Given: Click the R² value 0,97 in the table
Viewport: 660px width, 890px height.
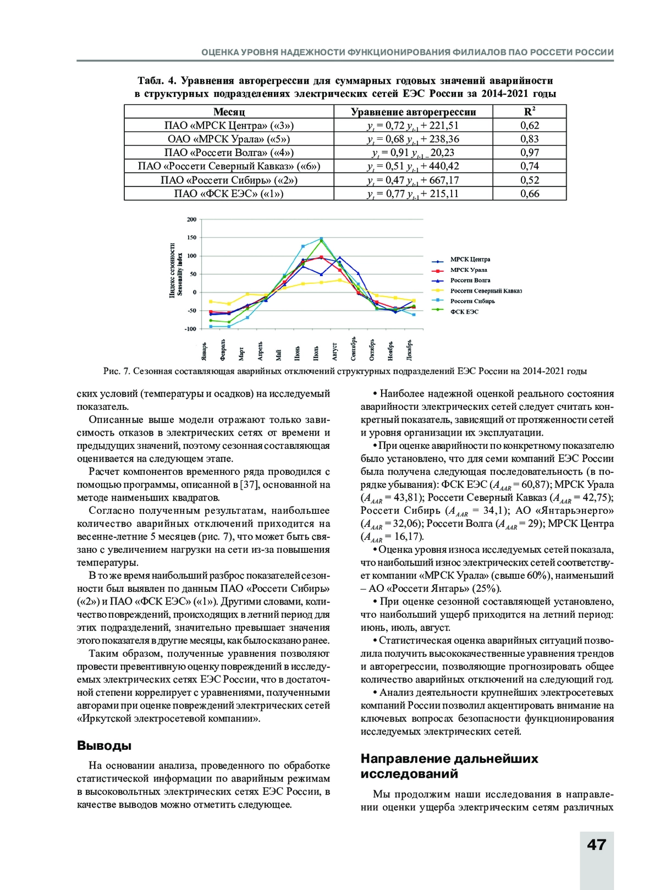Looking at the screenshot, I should tap(530, 152).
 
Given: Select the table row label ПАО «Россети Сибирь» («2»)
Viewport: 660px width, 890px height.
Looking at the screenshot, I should tap(229, 180).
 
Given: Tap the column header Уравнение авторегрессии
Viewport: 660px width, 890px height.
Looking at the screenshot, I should tap(413, 112).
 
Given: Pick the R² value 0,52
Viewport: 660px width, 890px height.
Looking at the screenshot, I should tap(530, 180).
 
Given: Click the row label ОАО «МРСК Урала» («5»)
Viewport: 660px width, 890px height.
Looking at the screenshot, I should tap(229, 139).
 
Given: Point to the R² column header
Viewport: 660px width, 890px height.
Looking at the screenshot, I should tap(530, 112).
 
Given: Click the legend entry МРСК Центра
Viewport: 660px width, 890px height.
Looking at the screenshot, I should tap(470, 260).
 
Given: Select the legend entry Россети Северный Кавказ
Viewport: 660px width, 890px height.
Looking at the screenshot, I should tap(486, 291).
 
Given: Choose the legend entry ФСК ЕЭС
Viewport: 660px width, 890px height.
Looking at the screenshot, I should tap(464, 312).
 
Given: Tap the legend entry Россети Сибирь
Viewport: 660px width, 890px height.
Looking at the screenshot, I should tap(472, 301).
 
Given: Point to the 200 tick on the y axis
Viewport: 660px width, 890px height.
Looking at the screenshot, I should tap(191, 219).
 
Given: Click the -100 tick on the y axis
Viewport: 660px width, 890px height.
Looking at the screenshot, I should tap(190, 329).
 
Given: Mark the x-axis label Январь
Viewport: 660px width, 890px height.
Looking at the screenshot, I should tap(204, 350).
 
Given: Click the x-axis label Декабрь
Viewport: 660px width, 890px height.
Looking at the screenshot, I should tap(410, 349).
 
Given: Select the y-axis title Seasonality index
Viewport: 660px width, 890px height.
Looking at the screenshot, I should tap(179, 270).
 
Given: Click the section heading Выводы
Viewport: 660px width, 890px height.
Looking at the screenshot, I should tap(104, 746).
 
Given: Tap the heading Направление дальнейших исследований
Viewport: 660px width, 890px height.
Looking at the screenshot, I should tap(449, 766).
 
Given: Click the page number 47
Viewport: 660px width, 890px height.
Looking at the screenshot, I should tap(596, 845).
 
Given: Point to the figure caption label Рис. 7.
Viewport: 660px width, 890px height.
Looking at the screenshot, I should tap(116, 371).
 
